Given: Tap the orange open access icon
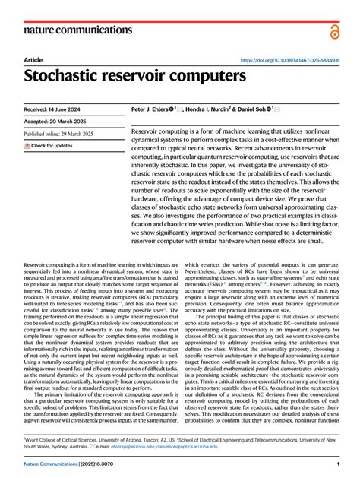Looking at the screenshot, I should point(335,30).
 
